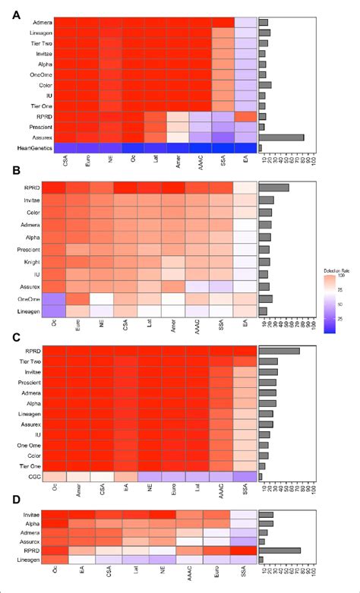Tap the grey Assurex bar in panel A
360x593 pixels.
[282, 137]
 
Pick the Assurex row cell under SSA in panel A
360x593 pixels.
[223, 137]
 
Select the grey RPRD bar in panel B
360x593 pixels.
[274, 188]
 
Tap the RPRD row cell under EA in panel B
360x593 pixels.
[246, 188]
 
